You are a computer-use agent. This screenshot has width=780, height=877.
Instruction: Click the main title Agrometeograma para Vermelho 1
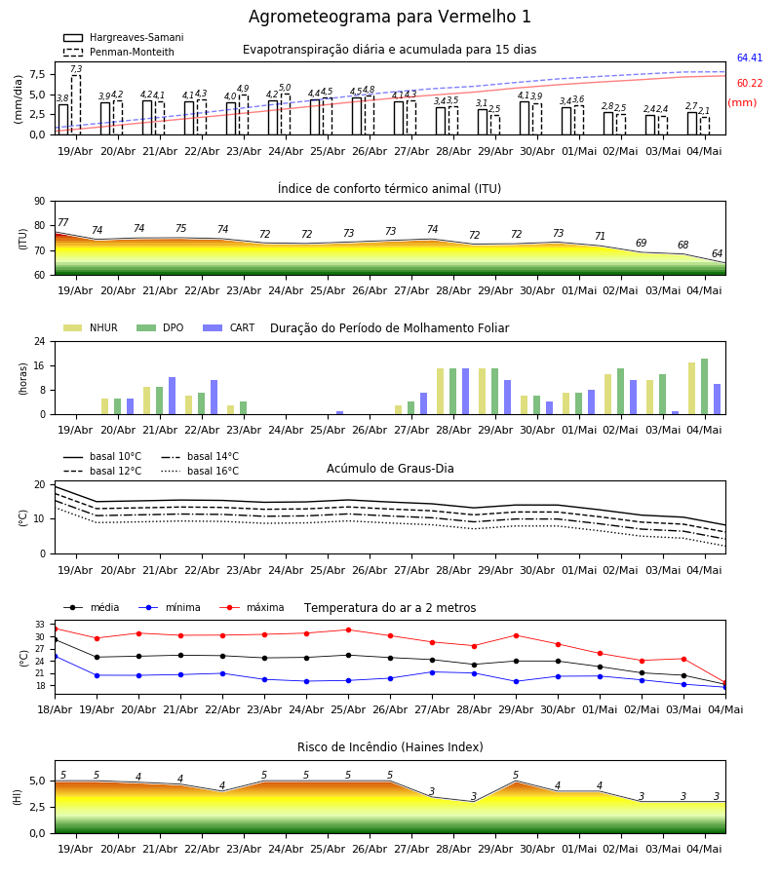[x=389, y=17]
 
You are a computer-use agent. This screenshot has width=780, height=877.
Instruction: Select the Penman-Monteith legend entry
[x=119, y=52]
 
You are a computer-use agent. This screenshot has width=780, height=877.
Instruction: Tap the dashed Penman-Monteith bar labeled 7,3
[x=75, y=104]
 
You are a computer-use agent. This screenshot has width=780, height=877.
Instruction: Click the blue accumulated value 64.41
[x=749, y=57]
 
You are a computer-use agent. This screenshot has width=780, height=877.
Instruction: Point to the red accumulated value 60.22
[x=749, y=84]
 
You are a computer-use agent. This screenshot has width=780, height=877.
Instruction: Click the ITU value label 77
[x=63, y=222]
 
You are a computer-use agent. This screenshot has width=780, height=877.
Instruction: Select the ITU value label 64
[x=717, y=254]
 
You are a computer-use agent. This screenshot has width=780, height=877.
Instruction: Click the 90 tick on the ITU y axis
[x=40, y=202]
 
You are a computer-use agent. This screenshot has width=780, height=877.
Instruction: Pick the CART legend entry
[x=229, y=327]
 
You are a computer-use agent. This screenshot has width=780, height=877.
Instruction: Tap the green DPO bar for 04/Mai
[x=704, y=387]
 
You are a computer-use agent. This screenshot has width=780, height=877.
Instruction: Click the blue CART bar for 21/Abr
[x=172, y=396]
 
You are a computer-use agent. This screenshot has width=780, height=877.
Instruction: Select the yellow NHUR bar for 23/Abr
[x=230, y=410]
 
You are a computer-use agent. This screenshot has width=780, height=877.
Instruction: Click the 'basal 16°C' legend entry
[x=200, y=471]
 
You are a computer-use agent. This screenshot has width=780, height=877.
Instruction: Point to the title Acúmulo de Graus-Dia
[x=390, y=469]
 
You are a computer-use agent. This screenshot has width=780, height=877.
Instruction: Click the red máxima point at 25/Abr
[x=349, y=629]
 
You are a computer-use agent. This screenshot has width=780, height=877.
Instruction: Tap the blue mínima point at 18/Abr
[x=56, y=656]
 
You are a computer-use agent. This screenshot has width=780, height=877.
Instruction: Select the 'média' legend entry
[x=92, y=607]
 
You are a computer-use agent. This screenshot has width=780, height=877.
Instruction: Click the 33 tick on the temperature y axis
[x=40, y=625]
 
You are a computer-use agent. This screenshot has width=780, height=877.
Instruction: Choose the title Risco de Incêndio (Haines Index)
[x=390, y=747]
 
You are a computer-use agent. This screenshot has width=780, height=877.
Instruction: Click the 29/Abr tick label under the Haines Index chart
[x=495, y=849]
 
